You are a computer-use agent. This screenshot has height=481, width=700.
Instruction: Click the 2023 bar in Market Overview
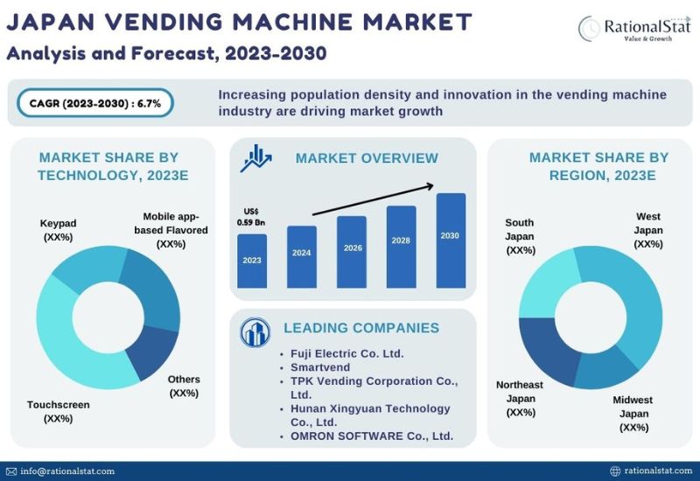(252, 261)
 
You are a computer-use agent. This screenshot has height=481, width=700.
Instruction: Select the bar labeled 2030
(451, 240)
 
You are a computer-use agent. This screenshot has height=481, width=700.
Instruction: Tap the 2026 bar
(352, 252)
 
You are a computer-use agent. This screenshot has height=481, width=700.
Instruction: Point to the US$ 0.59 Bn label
(251, 217)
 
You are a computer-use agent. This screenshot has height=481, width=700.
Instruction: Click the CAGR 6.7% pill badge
(95, 103)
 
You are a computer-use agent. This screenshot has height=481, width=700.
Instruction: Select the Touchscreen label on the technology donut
(59, 411)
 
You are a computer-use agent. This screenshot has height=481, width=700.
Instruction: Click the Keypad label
(58, 230)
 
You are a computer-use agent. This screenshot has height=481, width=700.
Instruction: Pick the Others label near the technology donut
(184, 386)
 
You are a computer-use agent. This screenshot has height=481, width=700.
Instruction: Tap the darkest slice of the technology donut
(152, 352)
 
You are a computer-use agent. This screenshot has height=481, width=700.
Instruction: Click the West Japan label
(648, 230)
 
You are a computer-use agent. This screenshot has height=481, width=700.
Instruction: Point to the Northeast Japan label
(520, 399)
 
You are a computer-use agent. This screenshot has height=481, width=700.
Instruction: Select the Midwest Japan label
(633, 414)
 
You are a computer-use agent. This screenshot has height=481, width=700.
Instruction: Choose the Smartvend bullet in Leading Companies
(320, 367)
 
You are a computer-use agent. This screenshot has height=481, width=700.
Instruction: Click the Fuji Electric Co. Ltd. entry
(346, 353)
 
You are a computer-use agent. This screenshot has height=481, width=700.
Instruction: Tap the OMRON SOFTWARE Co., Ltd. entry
(372, 436)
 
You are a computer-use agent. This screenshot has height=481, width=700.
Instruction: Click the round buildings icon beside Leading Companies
(255, 332)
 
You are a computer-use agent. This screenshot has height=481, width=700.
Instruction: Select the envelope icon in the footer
(11, 471)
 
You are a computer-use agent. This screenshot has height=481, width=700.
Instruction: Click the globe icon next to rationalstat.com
(615, 471)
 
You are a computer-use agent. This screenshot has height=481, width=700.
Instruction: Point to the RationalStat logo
(633, 29)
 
